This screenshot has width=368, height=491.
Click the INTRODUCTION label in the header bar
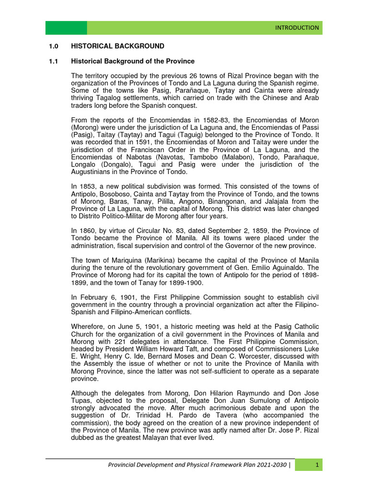click(x=297, y=28)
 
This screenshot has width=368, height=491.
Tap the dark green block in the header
click(x=66, y=28)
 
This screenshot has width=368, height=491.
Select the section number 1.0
click(x=53, y=47)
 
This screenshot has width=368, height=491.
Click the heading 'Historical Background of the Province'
click(x=133, y=61)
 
